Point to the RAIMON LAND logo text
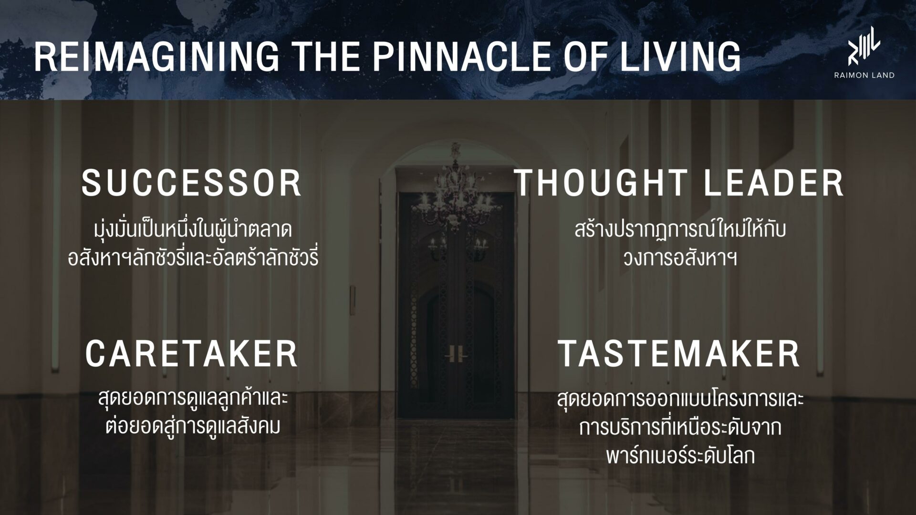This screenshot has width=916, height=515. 864,75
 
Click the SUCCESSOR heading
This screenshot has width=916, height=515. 192,183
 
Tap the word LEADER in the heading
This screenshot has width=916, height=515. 774,183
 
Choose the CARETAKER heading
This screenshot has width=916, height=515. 192,353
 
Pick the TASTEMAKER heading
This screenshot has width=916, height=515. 679,353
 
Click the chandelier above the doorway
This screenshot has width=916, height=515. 457,191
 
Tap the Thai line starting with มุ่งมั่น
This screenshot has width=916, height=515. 193,229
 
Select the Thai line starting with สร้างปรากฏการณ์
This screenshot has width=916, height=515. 680,229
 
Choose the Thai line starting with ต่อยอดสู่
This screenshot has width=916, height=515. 193,426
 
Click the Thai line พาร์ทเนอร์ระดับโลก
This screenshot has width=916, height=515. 680,455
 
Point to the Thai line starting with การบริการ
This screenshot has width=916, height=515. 680,427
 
